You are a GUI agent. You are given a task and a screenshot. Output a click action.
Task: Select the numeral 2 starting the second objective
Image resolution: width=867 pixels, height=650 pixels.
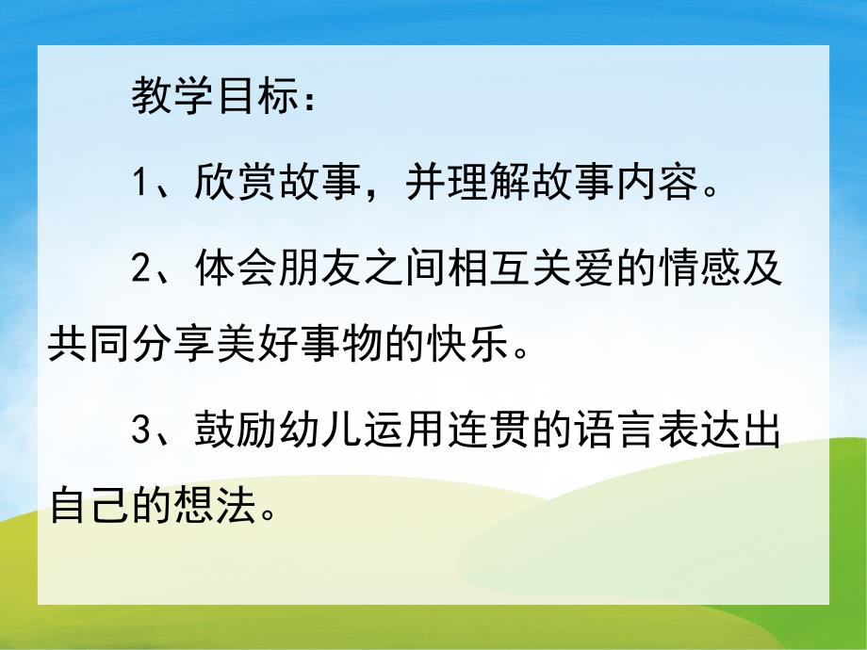pos(140,268)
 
